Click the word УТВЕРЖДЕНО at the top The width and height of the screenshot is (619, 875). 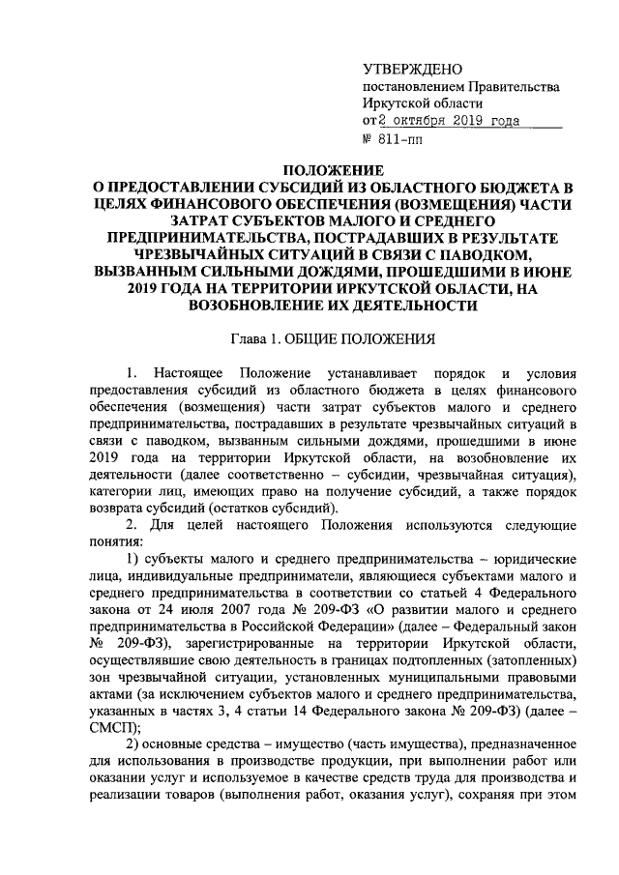tap(411, 70)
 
